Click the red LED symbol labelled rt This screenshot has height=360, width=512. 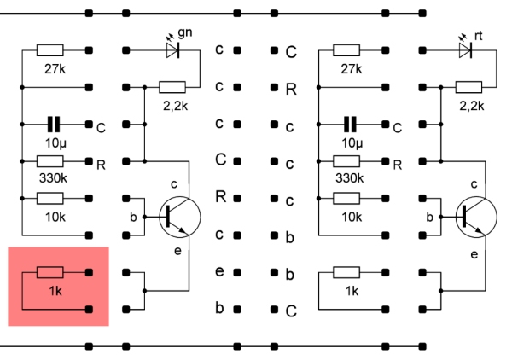pos(466,50)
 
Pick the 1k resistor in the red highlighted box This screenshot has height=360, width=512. pos(50,273)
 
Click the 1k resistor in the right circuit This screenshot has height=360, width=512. pos(346,273)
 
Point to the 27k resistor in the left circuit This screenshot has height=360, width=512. pos(50,50)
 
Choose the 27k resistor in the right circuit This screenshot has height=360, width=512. pos(346,50)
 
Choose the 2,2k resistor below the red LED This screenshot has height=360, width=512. pos(468,87)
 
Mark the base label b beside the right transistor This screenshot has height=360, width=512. pos(428,217)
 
